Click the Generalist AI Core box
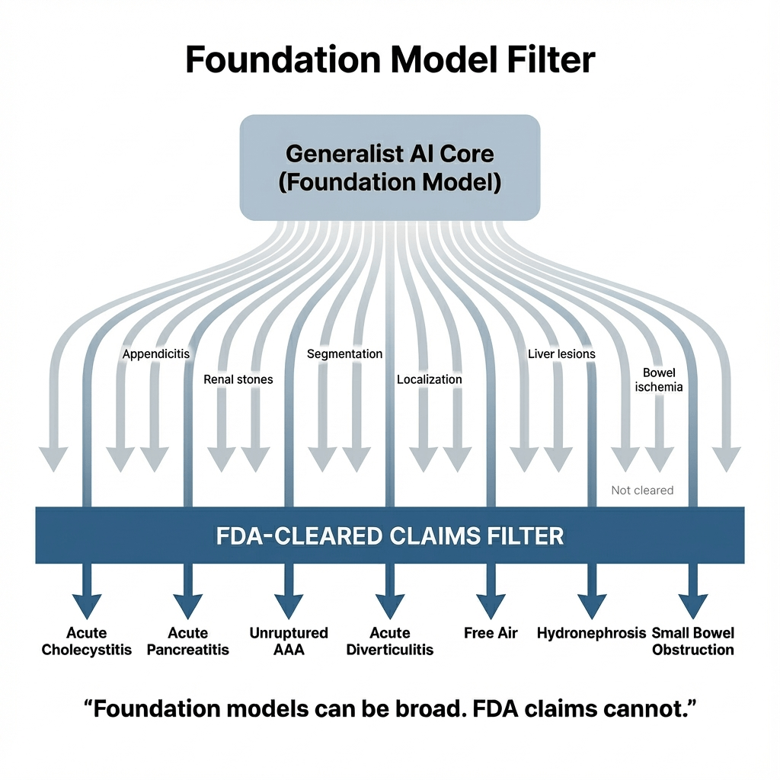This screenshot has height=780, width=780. click(x=390, y=168)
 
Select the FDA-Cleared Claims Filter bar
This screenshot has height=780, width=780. click(x=390, y=535)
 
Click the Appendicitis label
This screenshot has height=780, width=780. click(x=156, y=354)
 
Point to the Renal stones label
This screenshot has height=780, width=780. click(x=238, y=379)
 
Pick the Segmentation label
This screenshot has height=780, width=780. click(x=344, y=354)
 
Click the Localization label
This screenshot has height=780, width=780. click(x=430, y=379)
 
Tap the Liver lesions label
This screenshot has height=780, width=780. click(x=561, y=354)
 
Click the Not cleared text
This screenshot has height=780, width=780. click(x=642, y=491)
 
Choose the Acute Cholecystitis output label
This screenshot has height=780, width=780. click(x=87, y=641)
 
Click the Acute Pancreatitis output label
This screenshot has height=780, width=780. click(x=188, y=641)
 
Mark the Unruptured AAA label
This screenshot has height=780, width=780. click(x=289, y=641)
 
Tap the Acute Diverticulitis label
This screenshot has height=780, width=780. click(x=390, y=641)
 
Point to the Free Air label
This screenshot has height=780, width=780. click(x=491, y=633)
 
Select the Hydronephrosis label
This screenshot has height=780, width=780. click(x=592, y=633)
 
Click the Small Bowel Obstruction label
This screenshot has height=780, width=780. click(x=693, y=641)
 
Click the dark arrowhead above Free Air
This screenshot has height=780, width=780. click(x=491, y=605)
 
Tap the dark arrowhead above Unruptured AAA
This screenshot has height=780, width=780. click(x=289, y=605)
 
